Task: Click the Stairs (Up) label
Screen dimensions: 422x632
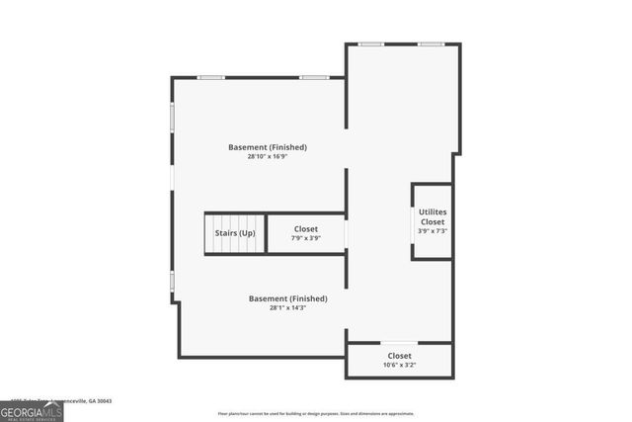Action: coord(235,233)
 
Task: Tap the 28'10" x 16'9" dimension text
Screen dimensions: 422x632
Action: coord(268,156)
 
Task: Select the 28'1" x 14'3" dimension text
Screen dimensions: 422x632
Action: coord(287,307)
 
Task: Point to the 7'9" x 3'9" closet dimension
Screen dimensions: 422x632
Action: coord(306,237)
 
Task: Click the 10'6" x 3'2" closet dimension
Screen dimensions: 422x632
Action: coord(399,365)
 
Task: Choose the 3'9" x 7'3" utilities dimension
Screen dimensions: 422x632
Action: coord(432,231)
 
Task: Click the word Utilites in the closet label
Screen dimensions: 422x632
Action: coord(432,212)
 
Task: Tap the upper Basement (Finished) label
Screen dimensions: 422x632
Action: coord(268,147)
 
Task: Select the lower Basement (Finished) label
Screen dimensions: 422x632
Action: coord(287,298)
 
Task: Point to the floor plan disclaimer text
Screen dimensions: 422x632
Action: coord(316,413)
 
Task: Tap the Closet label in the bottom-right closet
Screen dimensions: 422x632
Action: coord(399,356)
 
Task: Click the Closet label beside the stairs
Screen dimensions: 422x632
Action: coord(306,228)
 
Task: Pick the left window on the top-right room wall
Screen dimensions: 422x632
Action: coord(371,43)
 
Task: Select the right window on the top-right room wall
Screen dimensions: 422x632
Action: coord(430,43)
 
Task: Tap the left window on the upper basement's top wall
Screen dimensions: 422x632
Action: coord(210,77)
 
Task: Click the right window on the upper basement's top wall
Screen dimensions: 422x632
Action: coord(315,77)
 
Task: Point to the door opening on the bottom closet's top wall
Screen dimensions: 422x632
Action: coord(399,343)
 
